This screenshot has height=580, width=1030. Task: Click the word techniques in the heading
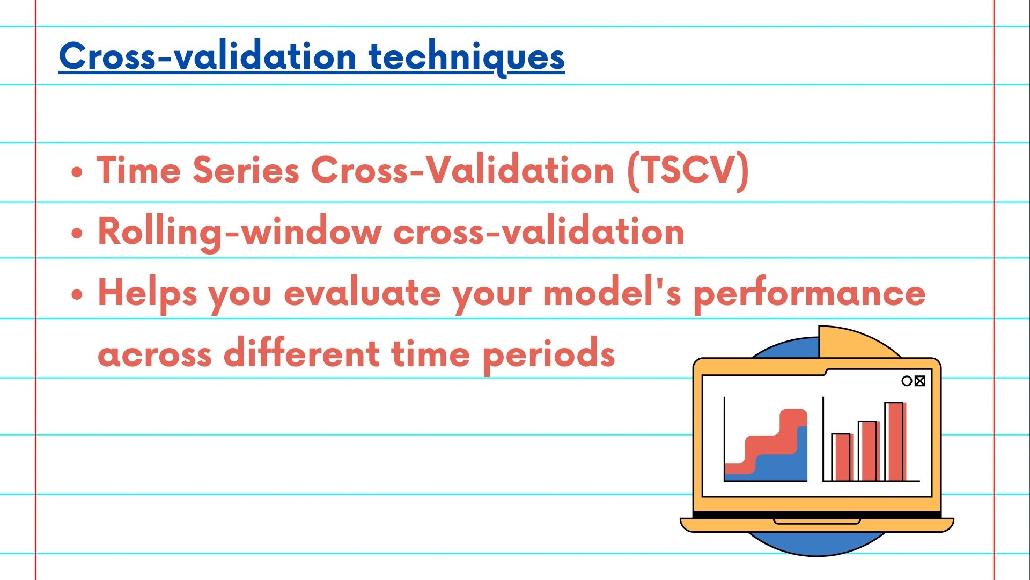tap(466, 56)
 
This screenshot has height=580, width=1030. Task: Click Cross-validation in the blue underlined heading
tap(207, 56)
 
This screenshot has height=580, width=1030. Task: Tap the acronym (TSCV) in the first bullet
tap(688, 171)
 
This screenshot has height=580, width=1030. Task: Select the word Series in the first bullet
tap(246, 171)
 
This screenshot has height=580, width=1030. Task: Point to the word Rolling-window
tap(239, 232)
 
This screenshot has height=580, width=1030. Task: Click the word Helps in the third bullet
tap(147, 294)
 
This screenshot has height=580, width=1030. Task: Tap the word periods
tap(548, 354)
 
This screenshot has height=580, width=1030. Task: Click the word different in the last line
tap(301, 354)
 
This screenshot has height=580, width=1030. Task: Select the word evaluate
tap(362, 294)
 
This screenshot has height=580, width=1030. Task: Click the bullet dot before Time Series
tap(78, 173)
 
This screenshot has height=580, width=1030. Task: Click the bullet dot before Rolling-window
tap(78, 234)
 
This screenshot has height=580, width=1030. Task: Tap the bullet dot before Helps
tap(78, 295)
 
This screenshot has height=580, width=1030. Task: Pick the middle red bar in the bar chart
tap(867, 451)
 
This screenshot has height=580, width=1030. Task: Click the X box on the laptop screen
tap(920, 381)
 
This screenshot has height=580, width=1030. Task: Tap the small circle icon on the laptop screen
tap(907, 381)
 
